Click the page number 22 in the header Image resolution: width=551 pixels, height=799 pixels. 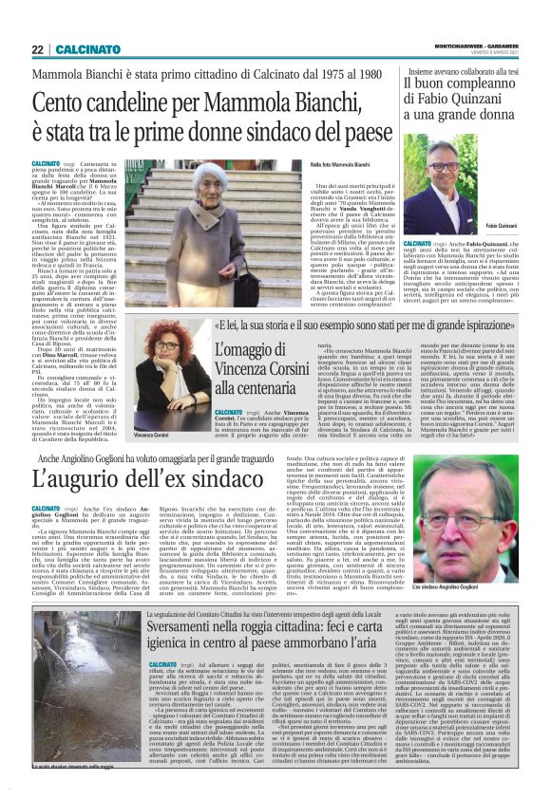coord(37,49)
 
